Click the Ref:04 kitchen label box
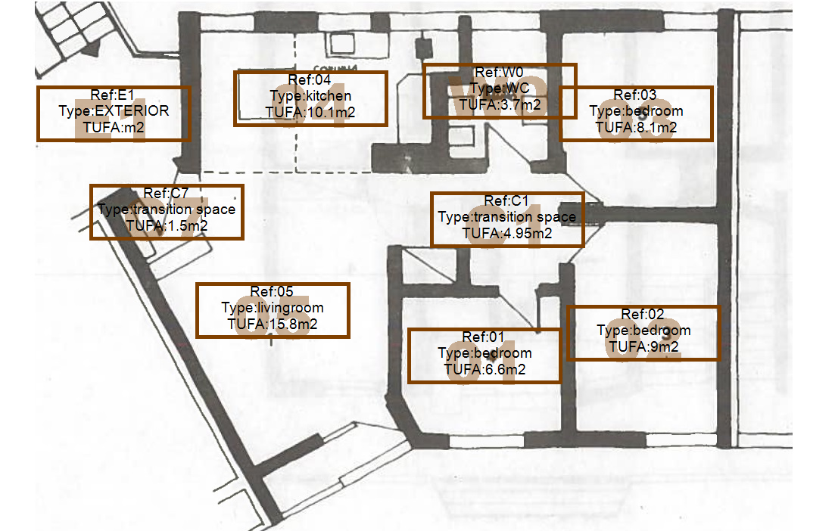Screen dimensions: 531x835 click(310, 98)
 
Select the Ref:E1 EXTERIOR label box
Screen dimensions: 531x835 click(114, 113)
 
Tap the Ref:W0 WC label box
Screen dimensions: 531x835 click(500, 91)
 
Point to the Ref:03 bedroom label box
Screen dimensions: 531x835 click(636, 113)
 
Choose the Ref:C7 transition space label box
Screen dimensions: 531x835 click(167, 212)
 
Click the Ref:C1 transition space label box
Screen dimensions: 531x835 click(507, 219)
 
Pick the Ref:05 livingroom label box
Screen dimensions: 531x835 click(273, 310)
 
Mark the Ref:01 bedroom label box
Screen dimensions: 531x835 click(484, 356)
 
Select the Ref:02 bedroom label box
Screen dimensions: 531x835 click(643, 333)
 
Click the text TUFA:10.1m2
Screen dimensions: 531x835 click(310, 113)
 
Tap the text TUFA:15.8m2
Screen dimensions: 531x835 click(273, 324)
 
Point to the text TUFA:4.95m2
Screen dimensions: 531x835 click(507, 234)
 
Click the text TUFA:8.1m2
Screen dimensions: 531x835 click(636, 128)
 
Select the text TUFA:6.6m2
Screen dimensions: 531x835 click(484, 370)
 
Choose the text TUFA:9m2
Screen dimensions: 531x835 click(643, 347)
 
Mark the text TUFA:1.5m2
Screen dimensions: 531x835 click(167, 226)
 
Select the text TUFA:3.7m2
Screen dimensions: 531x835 click(500, 105)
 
